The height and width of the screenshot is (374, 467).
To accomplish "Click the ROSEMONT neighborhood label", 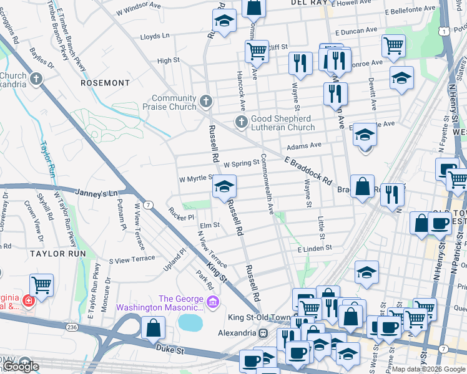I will [105, 82].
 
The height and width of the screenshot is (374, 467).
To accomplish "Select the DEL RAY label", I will [309, 3].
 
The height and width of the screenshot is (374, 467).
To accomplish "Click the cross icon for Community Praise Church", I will [207, 100].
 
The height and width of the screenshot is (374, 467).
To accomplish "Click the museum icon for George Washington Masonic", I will [213, 303].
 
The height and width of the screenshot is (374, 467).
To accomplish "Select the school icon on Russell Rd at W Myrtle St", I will [225, 186].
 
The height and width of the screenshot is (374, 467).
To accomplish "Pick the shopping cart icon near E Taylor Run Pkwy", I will [42, 285].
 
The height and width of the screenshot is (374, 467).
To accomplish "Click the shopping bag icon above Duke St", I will [153, 328].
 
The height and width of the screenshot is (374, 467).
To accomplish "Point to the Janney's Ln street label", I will [96, 193].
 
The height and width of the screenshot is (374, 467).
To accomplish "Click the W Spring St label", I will [241, 163].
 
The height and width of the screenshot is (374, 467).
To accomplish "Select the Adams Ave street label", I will [303, 146].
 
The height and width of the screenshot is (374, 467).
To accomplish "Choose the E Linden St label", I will [315, 249].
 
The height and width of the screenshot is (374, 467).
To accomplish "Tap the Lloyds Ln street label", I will [155, 36].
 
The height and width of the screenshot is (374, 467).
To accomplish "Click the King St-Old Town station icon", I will [263, 333].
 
